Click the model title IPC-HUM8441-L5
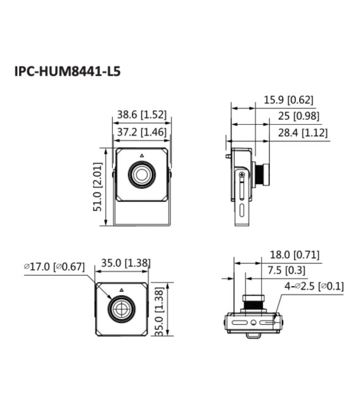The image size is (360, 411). (67, 71)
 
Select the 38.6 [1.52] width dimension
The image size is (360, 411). (141, 115)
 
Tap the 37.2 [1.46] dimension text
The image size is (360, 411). (141, 132)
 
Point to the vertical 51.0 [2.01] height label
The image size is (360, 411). (98, 187)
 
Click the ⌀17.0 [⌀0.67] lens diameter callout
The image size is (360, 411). (54, 267)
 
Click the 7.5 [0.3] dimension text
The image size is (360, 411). (286, 270)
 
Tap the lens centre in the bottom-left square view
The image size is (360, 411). (121, 309)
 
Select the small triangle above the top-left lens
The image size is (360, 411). (142, 155)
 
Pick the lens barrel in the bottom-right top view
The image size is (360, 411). (255, 302)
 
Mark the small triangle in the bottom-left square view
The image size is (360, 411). (121, 289)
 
